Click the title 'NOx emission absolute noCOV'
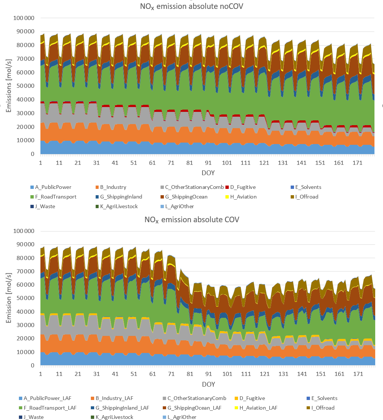click(192, 6)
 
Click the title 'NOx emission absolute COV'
click(192, 220)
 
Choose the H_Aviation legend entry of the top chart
click(243, 197)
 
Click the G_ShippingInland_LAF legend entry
click(122, 408)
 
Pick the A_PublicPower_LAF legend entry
click(47, 398)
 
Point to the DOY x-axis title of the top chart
click(208, 173)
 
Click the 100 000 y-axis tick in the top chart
click(24, 18)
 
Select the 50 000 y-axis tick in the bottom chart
click(25, 298)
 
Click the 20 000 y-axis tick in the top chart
click(25, 127)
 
